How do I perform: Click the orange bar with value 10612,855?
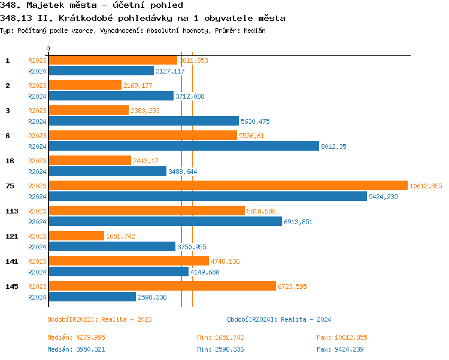pyautogui.click(x=227, y=186)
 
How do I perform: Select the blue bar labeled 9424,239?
pyautogui.click(x=207, y=196)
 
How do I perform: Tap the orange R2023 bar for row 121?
pyautogui.click(x=76, y=236)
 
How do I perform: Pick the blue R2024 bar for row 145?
pyautogui.click(x=92, y=297)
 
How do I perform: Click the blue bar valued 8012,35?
pyautogui.click(x=183, y=146)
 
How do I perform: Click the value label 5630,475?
pyautogui.click(x=255, y=121)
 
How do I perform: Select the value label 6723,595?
pyautogui.click(x=292, y=287)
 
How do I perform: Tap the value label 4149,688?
pyautogui.click(x=205, y=272)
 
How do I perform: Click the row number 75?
pyautogui.click(x=10, y=186)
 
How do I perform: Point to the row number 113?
pyautogui.click(x=12, y=211)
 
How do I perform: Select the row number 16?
pyautogui.click(x=10, y=161)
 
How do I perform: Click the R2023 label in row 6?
pyautogui.click(x=37, y=136)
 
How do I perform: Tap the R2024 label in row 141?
pyautogui.click(x=37, y=272)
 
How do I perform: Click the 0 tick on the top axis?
pyautogui.click(x=48, y=48)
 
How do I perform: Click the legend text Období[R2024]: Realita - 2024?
pyautogui.click(x=279, y=319)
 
